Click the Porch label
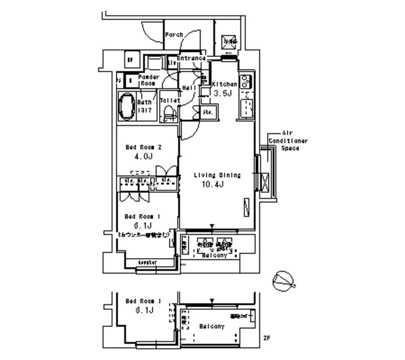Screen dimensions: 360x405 point(174,35)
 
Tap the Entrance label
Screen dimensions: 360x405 point(192,59)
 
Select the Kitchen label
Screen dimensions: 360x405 point(224,84)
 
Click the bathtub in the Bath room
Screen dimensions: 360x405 point(127,105)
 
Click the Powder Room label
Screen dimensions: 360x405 point(149,80)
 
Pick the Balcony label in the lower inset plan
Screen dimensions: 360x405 point(211,326)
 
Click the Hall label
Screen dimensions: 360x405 point(188,87)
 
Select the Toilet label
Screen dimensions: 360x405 point(169,101)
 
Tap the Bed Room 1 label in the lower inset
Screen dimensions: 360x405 point(143,301)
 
